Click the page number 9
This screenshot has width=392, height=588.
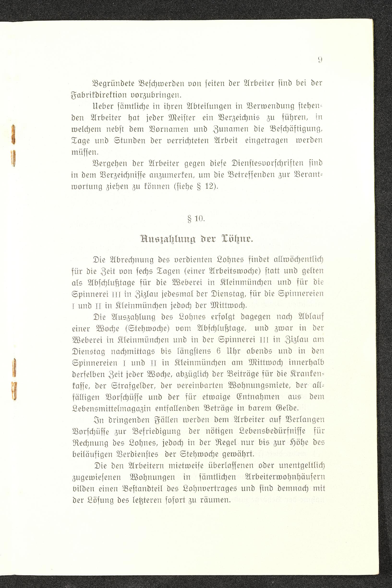tap(320, 60)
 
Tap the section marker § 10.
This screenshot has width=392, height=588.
tap(196, 219)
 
